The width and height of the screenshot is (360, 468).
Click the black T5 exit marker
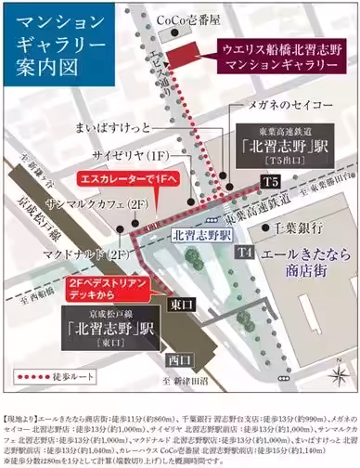click(x=269, y=183)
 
